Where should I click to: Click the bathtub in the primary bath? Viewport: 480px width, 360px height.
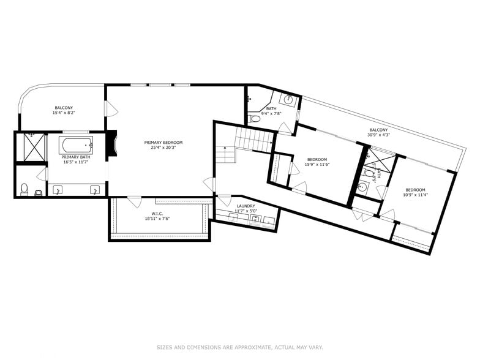click(x=76, y=145)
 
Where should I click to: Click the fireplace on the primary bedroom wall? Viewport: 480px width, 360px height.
click(x=111, y=143)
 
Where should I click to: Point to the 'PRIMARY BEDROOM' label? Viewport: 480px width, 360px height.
click(x=163, y=143)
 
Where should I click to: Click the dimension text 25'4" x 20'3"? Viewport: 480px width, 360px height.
click(x=163, y=148)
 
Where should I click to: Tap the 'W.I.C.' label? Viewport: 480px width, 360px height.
click(x=157, y=212)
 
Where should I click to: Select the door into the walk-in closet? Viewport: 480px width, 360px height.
click(x=133, y=201)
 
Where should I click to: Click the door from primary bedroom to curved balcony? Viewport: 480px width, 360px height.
click(x=111, y=109)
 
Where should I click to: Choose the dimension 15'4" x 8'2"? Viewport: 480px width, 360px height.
click(x=64, y=113)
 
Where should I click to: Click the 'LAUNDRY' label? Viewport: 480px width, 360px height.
click(x=246, y=206)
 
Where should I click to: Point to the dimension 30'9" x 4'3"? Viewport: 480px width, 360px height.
click(x=378, y=135)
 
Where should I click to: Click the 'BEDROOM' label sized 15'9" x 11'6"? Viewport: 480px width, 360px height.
click(x=318, y=159)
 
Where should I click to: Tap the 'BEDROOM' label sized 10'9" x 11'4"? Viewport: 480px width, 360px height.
click(x=415, y=190)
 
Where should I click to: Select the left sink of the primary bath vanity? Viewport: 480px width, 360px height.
click(x=59, y=190)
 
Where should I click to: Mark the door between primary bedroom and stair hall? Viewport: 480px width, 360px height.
click(x=210, y=184)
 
